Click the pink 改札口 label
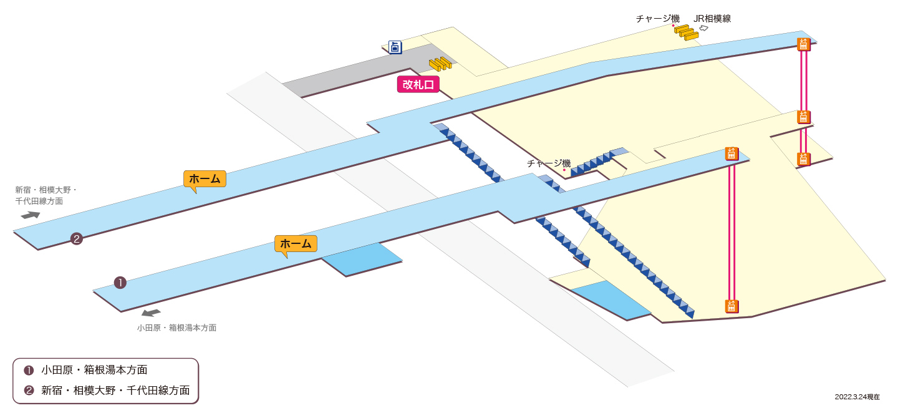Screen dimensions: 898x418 (x=418, y=84)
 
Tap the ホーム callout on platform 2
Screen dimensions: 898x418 (x=205, y=179)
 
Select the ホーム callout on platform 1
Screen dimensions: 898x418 (x=296, y=244)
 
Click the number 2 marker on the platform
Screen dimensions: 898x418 (x=77, y=239)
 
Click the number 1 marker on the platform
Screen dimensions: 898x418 (x=120, y=283)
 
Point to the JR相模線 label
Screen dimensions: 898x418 (x=712, y=19)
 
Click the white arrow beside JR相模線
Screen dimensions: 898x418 (x=703, y=28)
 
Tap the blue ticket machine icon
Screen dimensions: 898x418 (x=395, y=47)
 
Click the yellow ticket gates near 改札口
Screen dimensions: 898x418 (x=440, y=64)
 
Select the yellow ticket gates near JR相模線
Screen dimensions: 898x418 (x=687, y=32)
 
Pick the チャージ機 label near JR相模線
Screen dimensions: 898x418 (x=658, y=19)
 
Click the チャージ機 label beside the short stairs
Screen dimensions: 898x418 (x=548, y=163)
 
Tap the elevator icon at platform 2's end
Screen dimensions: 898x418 (x=803, y=44)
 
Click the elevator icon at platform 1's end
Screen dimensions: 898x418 (x=731, y=153)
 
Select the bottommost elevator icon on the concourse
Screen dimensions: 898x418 (x=731, y=306)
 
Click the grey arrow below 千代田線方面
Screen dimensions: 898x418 (x=31, y=215)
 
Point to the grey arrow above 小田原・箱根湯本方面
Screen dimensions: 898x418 (x=151, y=313)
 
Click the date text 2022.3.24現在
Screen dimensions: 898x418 (x=857, y=397)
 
